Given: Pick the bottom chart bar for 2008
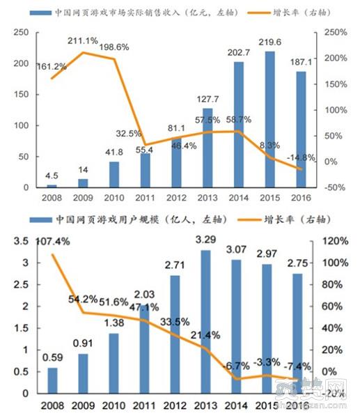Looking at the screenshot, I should point(52,380).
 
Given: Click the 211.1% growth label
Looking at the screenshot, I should point(83,41).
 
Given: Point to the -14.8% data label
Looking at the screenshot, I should point(301,157).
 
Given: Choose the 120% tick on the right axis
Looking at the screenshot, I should point(333,241).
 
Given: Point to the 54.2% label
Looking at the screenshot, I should point(82,300).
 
